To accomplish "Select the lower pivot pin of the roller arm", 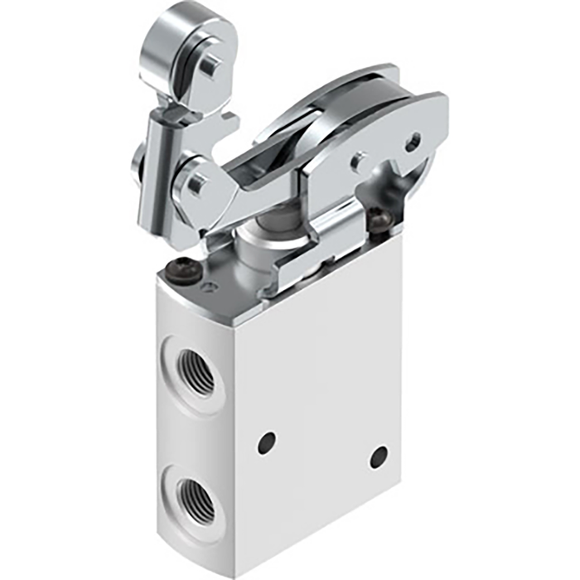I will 196,183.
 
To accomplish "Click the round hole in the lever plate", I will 413,143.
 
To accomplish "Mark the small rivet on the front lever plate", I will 359,162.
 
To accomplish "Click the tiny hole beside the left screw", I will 207,287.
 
